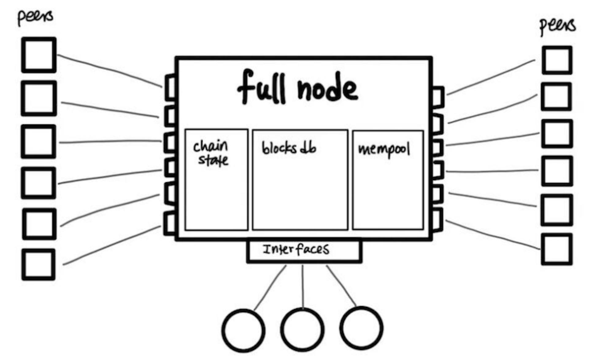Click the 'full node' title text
298,87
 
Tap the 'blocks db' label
288,148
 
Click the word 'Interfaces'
296,249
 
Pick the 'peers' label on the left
35,17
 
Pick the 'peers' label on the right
557,26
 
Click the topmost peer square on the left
39,55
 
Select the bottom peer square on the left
38,265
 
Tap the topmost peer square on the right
557,60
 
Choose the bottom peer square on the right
556,249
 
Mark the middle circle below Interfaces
302,330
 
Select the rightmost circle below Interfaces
361,328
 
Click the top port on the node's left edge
170,87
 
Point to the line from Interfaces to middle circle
303,287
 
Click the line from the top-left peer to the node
110,70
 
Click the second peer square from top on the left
39,98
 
